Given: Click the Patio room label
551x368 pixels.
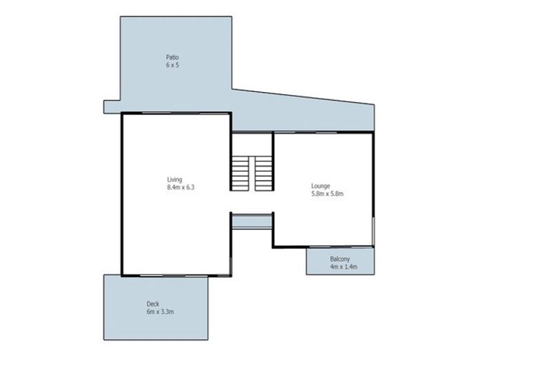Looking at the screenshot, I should (172, 57).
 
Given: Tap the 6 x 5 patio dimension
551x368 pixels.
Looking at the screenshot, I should (172, 65).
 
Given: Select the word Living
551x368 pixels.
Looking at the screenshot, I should (174, 179).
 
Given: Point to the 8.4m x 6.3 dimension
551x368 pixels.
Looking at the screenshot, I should (181, 187).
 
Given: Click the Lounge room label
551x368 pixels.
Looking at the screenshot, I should (321, 185).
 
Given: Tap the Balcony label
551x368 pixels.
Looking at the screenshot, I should (340, 259).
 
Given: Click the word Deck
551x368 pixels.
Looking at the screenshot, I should (152, 304).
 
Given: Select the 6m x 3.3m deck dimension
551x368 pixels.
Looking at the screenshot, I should (161, 313).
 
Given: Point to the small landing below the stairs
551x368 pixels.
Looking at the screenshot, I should (251, 221).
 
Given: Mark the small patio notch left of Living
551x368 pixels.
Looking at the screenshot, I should (112, 107).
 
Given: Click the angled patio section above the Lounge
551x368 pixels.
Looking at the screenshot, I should (316, 115).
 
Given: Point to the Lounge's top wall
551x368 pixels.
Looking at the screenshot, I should (323, 133).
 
